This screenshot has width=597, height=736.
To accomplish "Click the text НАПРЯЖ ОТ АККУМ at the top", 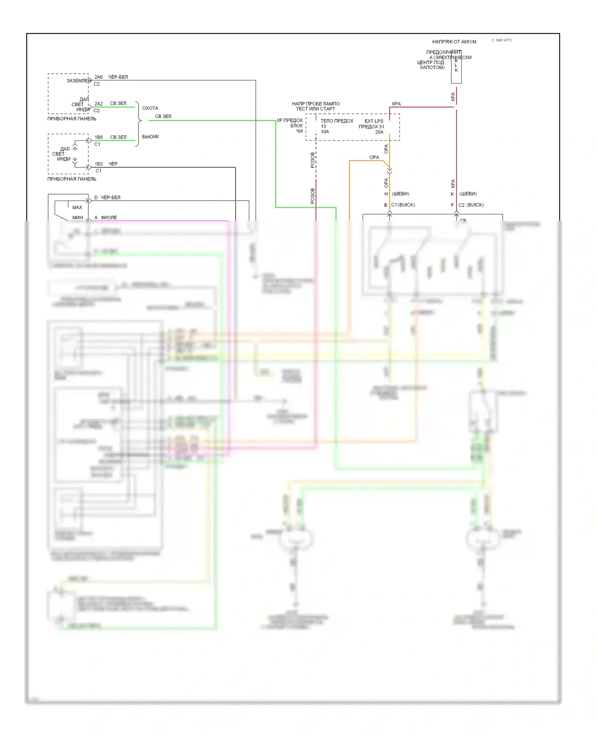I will point(454,42).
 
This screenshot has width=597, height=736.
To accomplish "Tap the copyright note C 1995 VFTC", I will point(501,40).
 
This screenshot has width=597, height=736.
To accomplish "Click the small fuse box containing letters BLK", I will point(456,67).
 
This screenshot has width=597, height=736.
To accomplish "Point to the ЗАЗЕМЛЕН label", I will point(78,81).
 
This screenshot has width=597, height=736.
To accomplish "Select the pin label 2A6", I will point(98,77).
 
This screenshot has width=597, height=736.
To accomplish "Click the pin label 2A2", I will point(98,104).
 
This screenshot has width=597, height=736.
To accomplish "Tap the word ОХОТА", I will point(150,108).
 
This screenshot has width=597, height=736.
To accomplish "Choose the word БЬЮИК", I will point(150,137).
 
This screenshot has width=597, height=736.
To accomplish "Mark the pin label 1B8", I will point(98,137).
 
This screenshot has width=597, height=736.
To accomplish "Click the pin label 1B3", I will point(98,164).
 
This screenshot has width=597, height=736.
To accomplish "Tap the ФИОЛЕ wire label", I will point(109,218).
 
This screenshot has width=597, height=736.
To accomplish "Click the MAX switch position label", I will point(77,208).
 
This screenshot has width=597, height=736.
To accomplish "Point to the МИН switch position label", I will point(78,218).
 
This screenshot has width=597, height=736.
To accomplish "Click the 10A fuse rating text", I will point(325,132).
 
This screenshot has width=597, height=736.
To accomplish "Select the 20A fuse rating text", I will point(379,132).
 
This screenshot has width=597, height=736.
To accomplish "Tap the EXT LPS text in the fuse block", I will point(374,121).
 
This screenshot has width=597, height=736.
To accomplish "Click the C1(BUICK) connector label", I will point(403,205).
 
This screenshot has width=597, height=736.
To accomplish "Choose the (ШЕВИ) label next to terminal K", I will point(468,194).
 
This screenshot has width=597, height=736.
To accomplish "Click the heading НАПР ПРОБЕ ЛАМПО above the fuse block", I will point(316,104).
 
